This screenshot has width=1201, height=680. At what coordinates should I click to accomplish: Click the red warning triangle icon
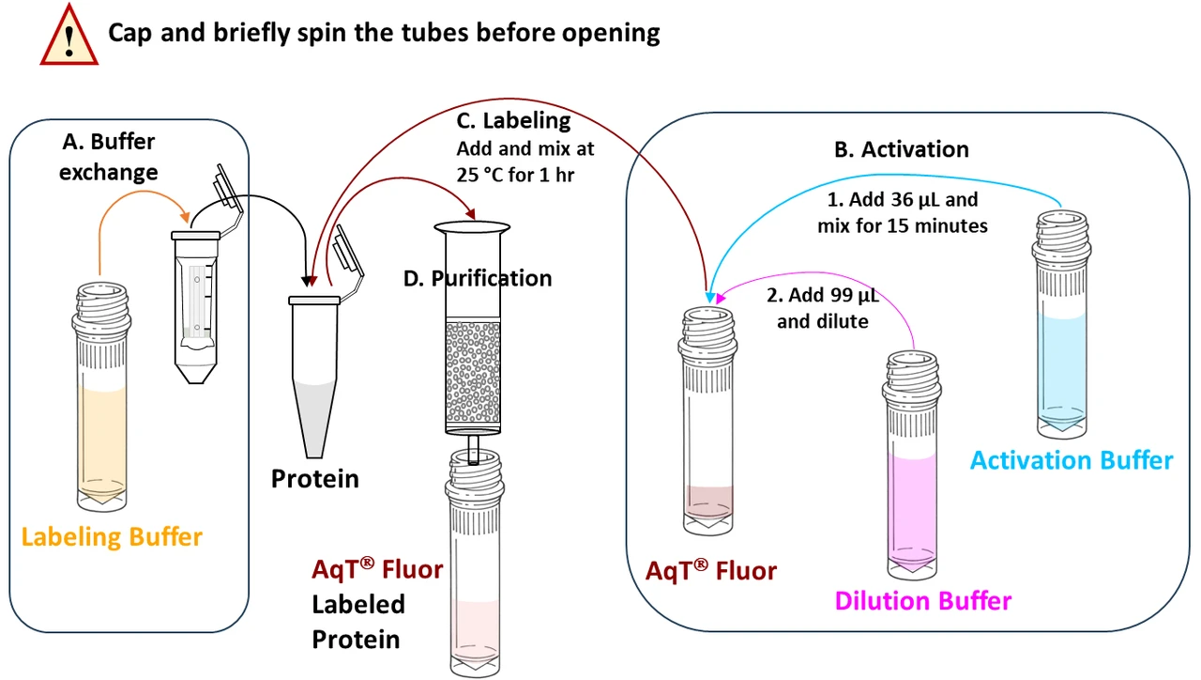[x=68, y=35]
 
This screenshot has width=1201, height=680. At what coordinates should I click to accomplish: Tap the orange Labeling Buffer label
[x=112, y=537]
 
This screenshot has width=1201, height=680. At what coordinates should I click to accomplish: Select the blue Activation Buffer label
[x=1071, y=460]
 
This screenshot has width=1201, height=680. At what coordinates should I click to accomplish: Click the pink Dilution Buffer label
[x=923, y=600]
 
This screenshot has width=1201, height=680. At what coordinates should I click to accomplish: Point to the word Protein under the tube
[x=314, y=479]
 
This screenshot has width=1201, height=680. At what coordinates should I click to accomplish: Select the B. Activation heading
[x=901, y=149]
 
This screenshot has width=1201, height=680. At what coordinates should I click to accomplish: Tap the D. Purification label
[x=477, y=278]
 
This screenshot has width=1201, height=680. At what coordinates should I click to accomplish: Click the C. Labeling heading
[x=512, y=120]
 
